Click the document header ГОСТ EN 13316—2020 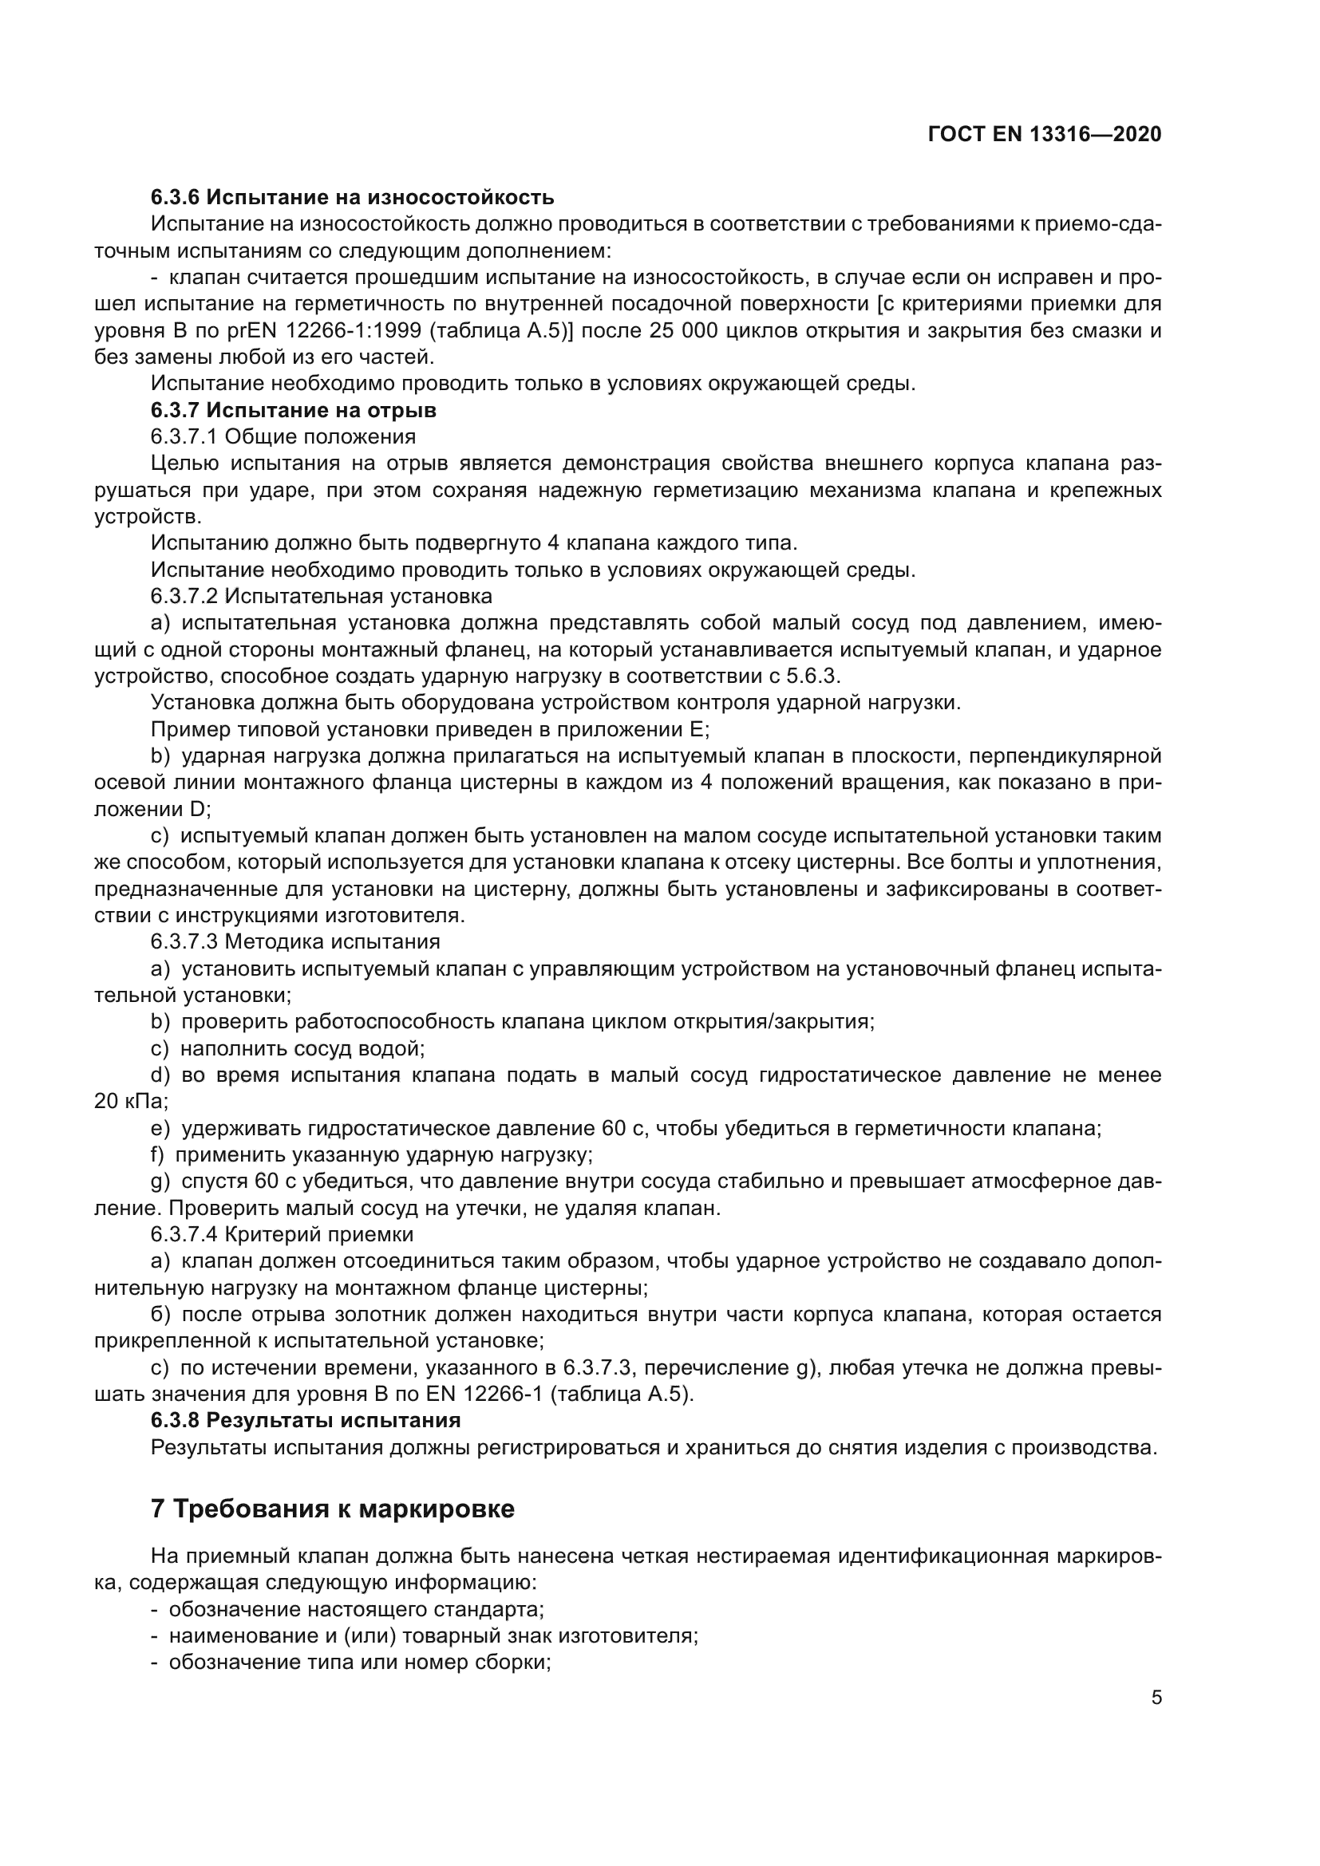(1045, 134)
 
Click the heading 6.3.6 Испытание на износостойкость (352, 197)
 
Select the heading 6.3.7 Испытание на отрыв (294, 409)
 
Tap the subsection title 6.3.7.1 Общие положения (283, 436)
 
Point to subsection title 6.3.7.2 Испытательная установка (321, 596)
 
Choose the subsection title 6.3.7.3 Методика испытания (295, 942)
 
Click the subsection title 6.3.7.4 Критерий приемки (282, 1234)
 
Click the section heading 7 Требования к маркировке (333, 1509)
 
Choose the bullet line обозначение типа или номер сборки (359, 1662)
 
